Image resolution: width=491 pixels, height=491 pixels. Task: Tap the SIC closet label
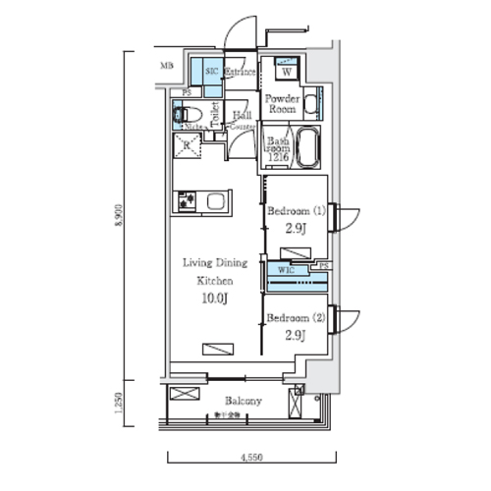[211, 73]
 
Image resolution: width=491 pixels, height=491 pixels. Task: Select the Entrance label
[240, 73]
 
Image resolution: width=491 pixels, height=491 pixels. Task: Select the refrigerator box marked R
[187, 148]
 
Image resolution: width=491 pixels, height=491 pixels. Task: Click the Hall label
[242, 114]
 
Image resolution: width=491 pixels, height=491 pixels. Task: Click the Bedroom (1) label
[296, 211]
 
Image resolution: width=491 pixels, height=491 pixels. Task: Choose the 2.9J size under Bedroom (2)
[296, 336]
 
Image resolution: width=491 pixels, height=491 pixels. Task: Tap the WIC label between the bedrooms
[286, 267]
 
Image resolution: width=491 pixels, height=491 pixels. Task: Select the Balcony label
[242, 401]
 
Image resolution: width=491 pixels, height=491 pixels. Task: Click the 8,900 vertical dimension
[118, 215]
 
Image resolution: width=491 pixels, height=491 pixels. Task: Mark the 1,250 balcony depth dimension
[118, 404]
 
